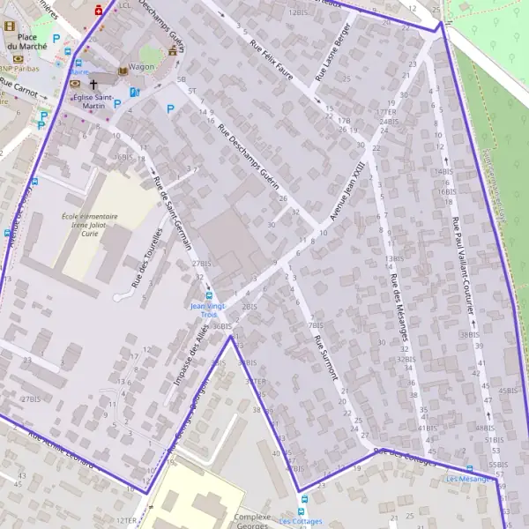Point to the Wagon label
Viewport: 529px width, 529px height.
[141, 67]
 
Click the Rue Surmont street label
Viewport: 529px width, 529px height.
[325, 358]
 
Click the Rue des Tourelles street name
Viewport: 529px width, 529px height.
[147, 258]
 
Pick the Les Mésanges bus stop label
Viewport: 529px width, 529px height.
[467, 479]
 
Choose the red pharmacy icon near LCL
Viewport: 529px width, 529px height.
[98, 11]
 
